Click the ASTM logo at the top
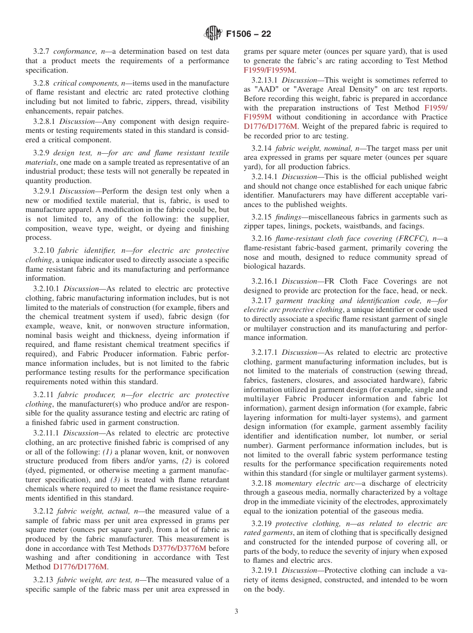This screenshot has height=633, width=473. coord(213,34)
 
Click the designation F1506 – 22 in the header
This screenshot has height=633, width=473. coord(248,34)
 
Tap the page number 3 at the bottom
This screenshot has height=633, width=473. coord(236,612)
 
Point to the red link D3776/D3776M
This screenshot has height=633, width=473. coord(176,549)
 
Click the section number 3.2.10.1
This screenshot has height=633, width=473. coord(47,289)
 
